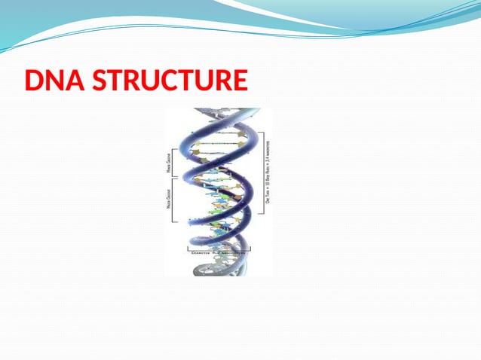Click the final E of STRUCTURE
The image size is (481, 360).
pyautogui.click(x=240, y=80)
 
